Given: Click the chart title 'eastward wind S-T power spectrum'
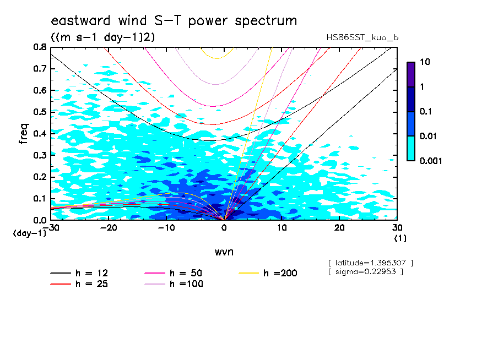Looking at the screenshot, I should click(x=174, y=21).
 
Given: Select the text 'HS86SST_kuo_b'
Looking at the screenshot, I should click(x=362, y=37).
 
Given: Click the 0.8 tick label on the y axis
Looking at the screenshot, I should click(x=39, y=47).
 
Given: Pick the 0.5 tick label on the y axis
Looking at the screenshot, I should click(x=39, y=112).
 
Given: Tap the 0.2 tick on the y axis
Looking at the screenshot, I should click(x=39, y=177).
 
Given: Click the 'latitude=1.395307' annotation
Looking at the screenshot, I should click(x=370, y=262).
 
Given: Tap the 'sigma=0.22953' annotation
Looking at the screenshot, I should click(x=366, y=271).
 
